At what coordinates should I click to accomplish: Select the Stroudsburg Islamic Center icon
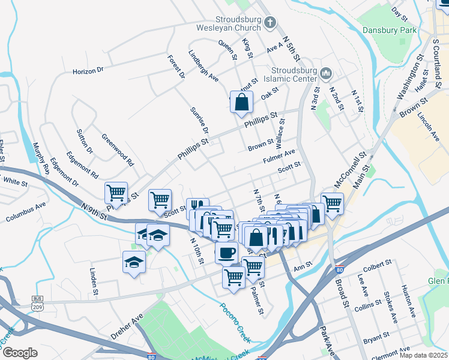pyautogui.click(x=326, y=73)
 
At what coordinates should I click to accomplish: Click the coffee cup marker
pyautogui.click(x=226, y=253)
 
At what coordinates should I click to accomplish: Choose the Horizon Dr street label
pyautogui.click(x=88, y=70)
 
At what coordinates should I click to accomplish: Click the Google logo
pyautogui.click(x=19, y=353)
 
